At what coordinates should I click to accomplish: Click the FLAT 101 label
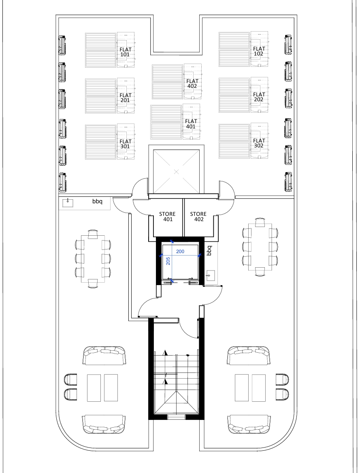[x=125, y=52]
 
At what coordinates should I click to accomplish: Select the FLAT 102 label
[x=259, y=51]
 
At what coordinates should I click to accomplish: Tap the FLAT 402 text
[x=192, y=83]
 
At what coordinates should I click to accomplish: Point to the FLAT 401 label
[x=191, y=124]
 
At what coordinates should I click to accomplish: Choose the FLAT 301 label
[x=125, y=144]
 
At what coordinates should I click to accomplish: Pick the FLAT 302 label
[x=259, y=143]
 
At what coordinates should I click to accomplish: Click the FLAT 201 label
[x=125, y=98]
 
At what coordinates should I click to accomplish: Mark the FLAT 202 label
[x=259, y=97]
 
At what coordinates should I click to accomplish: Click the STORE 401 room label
[x=168, y=217]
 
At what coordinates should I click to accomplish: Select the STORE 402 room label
[x=198, y=217]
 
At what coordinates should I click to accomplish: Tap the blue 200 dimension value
[x=180, y=251]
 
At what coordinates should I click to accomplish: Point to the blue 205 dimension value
[x=168, y=261]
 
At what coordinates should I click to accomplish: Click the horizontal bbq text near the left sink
[x=98, y=201]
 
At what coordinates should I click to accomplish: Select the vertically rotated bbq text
[x=209, y=251]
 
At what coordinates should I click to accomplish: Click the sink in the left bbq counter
[x=68, y=202]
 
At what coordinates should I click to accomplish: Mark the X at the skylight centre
[x=177, y=172]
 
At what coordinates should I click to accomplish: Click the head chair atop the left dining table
[x=93, y=234]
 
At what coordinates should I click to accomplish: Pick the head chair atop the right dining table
[x=260, y=223]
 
